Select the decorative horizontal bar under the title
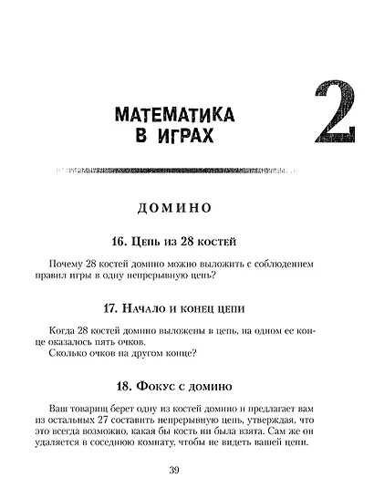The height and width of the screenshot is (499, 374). tap(187, 170)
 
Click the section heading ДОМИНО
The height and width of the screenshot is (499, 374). tap(186, 208)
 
